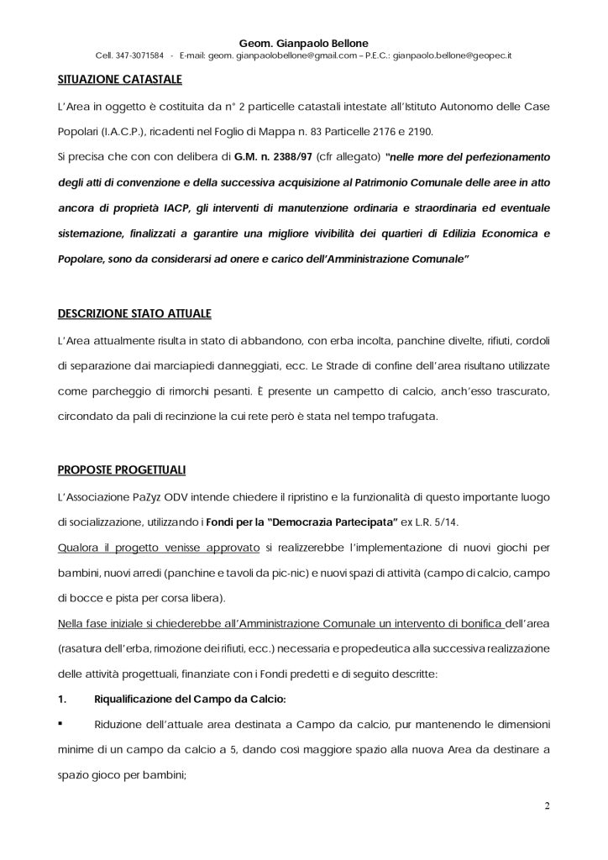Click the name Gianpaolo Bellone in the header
coord(315,42)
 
